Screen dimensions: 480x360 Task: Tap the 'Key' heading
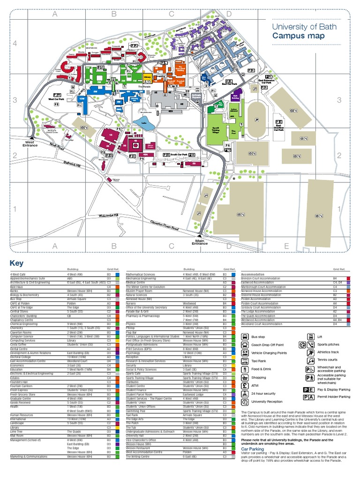(16, 263)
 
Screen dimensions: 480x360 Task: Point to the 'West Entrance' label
(30, 144)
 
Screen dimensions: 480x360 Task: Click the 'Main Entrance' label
(200, 242)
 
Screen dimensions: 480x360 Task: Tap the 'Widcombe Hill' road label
(109, 215)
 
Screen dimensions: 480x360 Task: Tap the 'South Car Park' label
(179, 154)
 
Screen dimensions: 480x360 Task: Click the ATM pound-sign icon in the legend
(245, 385)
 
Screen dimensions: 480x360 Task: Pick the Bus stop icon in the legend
(245, 336)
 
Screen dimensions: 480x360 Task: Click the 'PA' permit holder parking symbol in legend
(309, 397)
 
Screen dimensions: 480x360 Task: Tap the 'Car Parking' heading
(253, 448)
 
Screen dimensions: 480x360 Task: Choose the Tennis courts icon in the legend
(310, 361)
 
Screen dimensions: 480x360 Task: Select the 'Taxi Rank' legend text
(259, 360)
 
